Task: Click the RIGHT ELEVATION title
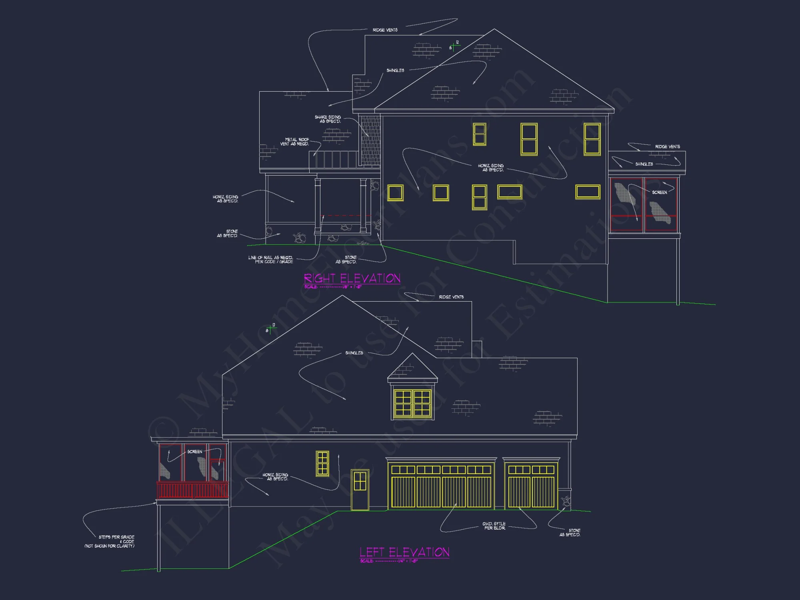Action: [x=352, y=278]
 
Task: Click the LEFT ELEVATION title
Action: [x=404, y=552]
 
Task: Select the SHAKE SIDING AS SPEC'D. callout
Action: [x=328, y=119]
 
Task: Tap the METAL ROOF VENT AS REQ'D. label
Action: [x=295, y=142]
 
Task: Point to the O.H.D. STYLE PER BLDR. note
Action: [x=494, y=526]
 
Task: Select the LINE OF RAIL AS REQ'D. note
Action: [x=271, y=260]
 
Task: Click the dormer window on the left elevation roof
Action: [x=412, y=403]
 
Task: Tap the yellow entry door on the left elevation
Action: [x=360, y=490]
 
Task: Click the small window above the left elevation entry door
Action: [x=322, y=463]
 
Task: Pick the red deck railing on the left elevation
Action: [x=192, y=490]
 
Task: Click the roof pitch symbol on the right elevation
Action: [x=454, y=46]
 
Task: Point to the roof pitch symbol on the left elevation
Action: [x=271, y=329]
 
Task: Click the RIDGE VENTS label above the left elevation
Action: [x=451, y=297]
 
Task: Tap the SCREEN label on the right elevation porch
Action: [x=660, y=192]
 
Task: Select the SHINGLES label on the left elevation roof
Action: [x=354, y=353]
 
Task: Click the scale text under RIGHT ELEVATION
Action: [x=333, y=287]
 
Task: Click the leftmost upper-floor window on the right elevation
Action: [x=479, y=134]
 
